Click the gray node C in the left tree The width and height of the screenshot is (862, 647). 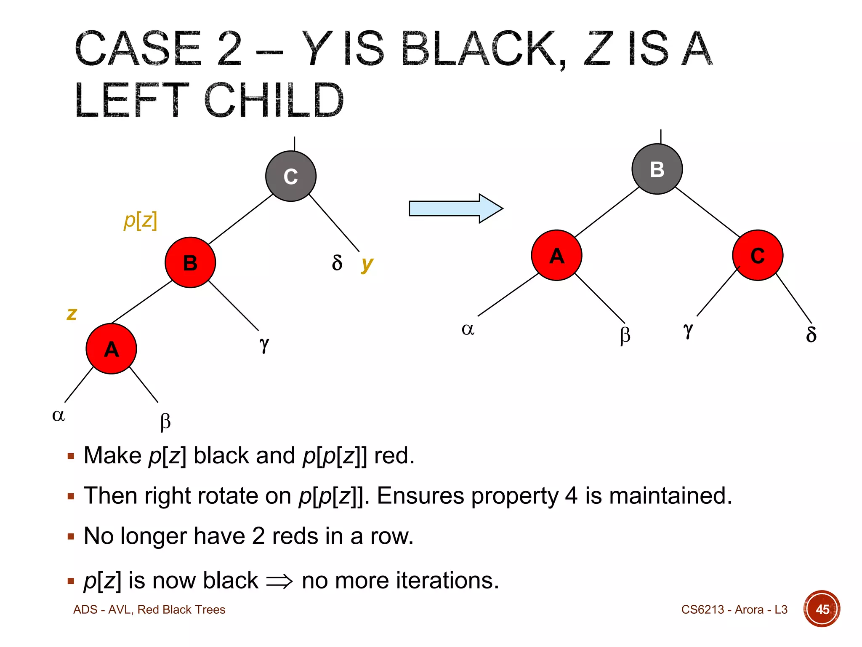290,176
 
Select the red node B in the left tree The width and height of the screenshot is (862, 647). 190,262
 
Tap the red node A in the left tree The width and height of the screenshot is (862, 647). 111,349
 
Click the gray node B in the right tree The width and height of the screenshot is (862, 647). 657,169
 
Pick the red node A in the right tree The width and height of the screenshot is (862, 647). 556,255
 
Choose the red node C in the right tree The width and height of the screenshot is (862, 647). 758,255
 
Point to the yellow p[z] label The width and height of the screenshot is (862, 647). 141,220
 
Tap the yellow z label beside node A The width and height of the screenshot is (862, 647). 72,314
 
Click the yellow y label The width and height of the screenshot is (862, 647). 367,264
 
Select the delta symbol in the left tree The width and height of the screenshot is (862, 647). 337,263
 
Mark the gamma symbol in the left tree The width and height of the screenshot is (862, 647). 264,344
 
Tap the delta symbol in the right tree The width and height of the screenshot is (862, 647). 811,334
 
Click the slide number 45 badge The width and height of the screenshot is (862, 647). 822,609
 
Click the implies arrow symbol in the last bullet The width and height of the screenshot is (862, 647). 279,581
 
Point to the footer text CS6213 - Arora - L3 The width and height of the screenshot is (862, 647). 734,610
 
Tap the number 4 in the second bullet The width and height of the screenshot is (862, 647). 571,496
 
